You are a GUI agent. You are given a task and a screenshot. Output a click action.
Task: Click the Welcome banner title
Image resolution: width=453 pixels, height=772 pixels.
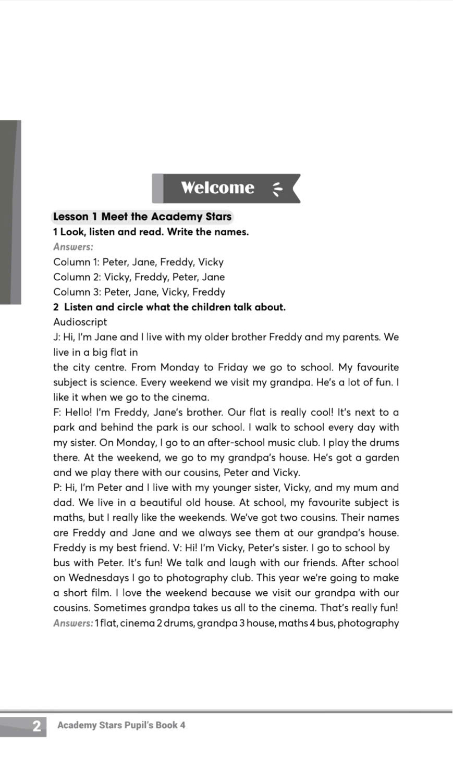(217, 188)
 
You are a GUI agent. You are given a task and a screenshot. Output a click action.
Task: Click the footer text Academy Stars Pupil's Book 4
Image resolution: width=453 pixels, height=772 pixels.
(121, 725)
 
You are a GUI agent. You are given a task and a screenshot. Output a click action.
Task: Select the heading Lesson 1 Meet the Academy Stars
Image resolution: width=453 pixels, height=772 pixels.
(142, 217)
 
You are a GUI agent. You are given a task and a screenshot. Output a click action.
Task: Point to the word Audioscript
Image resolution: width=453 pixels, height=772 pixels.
(80, 322)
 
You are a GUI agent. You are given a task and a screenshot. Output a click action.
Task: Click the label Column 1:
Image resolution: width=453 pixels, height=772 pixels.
(76, 262)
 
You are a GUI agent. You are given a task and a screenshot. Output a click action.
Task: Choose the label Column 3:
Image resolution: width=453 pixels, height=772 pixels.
(77, 292)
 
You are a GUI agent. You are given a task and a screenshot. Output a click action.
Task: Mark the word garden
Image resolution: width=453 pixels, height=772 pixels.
(382, 458)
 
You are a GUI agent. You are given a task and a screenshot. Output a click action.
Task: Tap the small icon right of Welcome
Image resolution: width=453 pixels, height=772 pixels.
(277, 188)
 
